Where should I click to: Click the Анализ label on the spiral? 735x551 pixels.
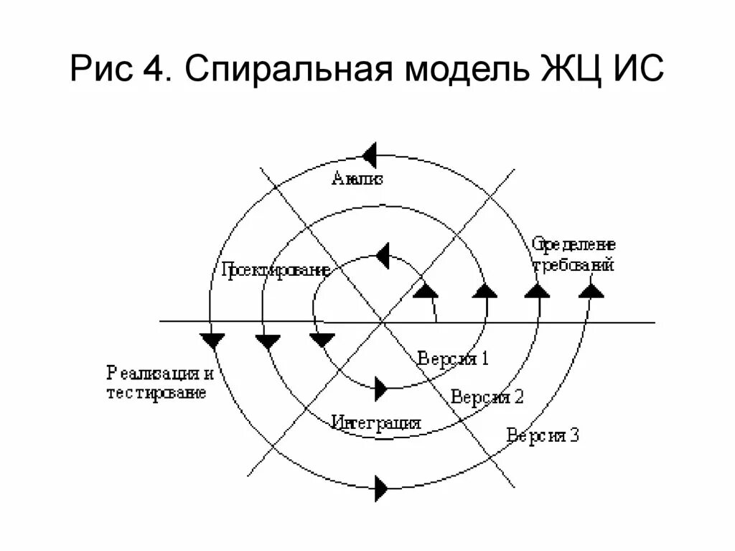coord(357,179)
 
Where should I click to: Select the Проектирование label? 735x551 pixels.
coord(275,270)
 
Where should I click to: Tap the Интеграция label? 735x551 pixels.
coord(376,422)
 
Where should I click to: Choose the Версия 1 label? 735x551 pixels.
coord(453,359)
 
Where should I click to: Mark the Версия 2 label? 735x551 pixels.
coord(488,397)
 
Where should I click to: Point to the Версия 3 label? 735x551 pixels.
coord(543,435)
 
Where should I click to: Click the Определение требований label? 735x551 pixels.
coord(574,255)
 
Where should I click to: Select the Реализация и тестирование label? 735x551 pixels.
coord(160,383)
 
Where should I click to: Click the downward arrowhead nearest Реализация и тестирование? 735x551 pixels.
coord(213,340)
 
